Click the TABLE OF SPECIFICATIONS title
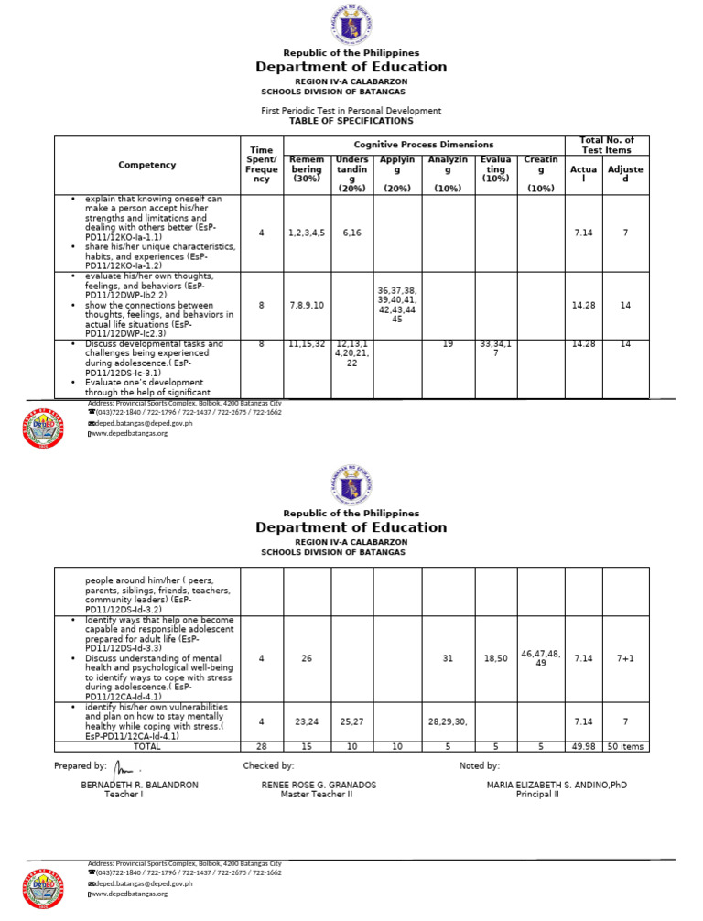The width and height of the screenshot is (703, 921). click(x=351, y=121)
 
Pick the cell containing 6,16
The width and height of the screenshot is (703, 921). click(x=351, y=233)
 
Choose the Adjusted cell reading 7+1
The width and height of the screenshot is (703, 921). click(x=625, y=657)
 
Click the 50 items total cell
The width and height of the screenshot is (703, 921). click(x=625, y=746)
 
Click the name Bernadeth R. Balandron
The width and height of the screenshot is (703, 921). click(x=139, y=785)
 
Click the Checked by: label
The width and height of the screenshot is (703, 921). click(x=268, y=765)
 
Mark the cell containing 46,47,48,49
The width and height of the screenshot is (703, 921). click(x=540, y=657)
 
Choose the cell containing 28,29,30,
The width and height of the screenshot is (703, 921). click(x=448, y=722)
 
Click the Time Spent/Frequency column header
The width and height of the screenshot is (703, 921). click(x=261, y=164)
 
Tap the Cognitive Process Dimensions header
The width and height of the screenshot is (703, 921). click(x=424, y=145)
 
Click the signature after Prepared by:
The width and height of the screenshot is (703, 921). click(x=124, y=766)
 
